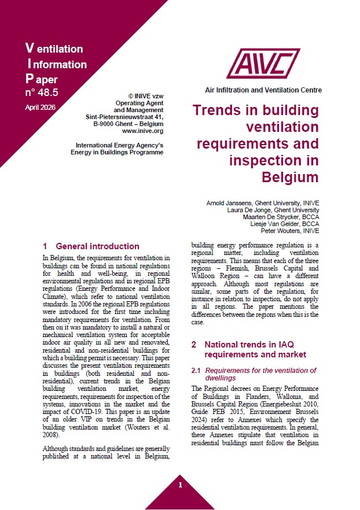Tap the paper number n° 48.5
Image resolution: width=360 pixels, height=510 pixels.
pyautogui.click(x=42, y=92)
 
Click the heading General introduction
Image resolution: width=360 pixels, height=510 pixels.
pyautogui.click(x=97, y=246)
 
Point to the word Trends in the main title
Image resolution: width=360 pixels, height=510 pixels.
pyautogui.click(x=215, y=110)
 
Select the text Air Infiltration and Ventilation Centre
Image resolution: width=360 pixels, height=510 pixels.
pyautogui.click(x=263, y=90)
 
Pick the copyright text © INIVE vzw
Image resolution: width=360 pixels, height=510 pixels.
pyautogui.click(x=145, y=95)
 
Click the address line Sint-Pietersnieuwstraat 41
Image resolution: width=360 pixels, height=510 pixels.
pyautogui.click(x=124, y=116)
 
